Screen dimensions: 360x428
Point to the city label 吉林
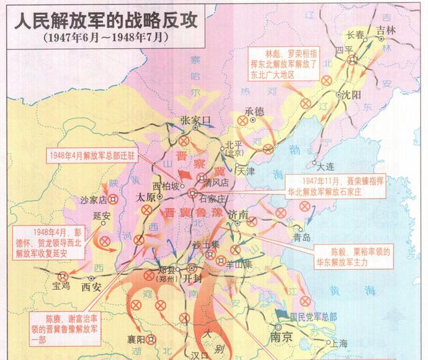(x=386, y=30)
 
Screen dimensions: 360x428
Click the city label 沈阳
(x=350, y=95)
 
